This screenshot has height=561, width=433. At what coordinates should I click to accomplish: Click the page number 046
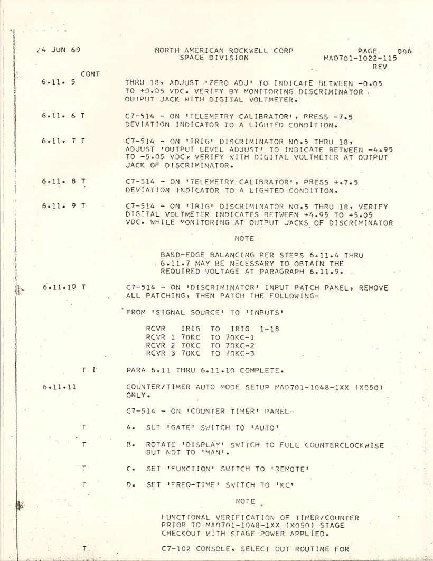[x=404, y=51]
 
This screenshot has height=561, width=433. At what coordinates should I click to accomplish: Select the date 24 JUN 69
[x=58, y=50]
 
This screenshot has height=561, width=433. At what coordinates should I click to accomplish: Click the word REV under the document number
[x=380, y=67]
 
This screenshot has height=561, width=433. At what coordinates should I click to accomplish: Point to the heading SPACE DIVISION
[x=214, y=58]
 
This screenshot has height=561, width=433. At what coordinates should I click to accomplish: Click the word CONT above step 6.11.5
[x=90, y=74]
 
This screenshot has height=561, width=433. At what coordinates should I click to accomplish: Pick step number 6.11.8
[x=59, y=181]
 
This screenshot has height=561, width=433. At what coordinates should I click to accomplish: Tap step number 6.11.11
[x=59, y=387]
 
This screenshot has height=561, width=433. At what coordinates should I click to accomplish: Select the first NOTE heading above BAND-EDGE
[x=244, y=239]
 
